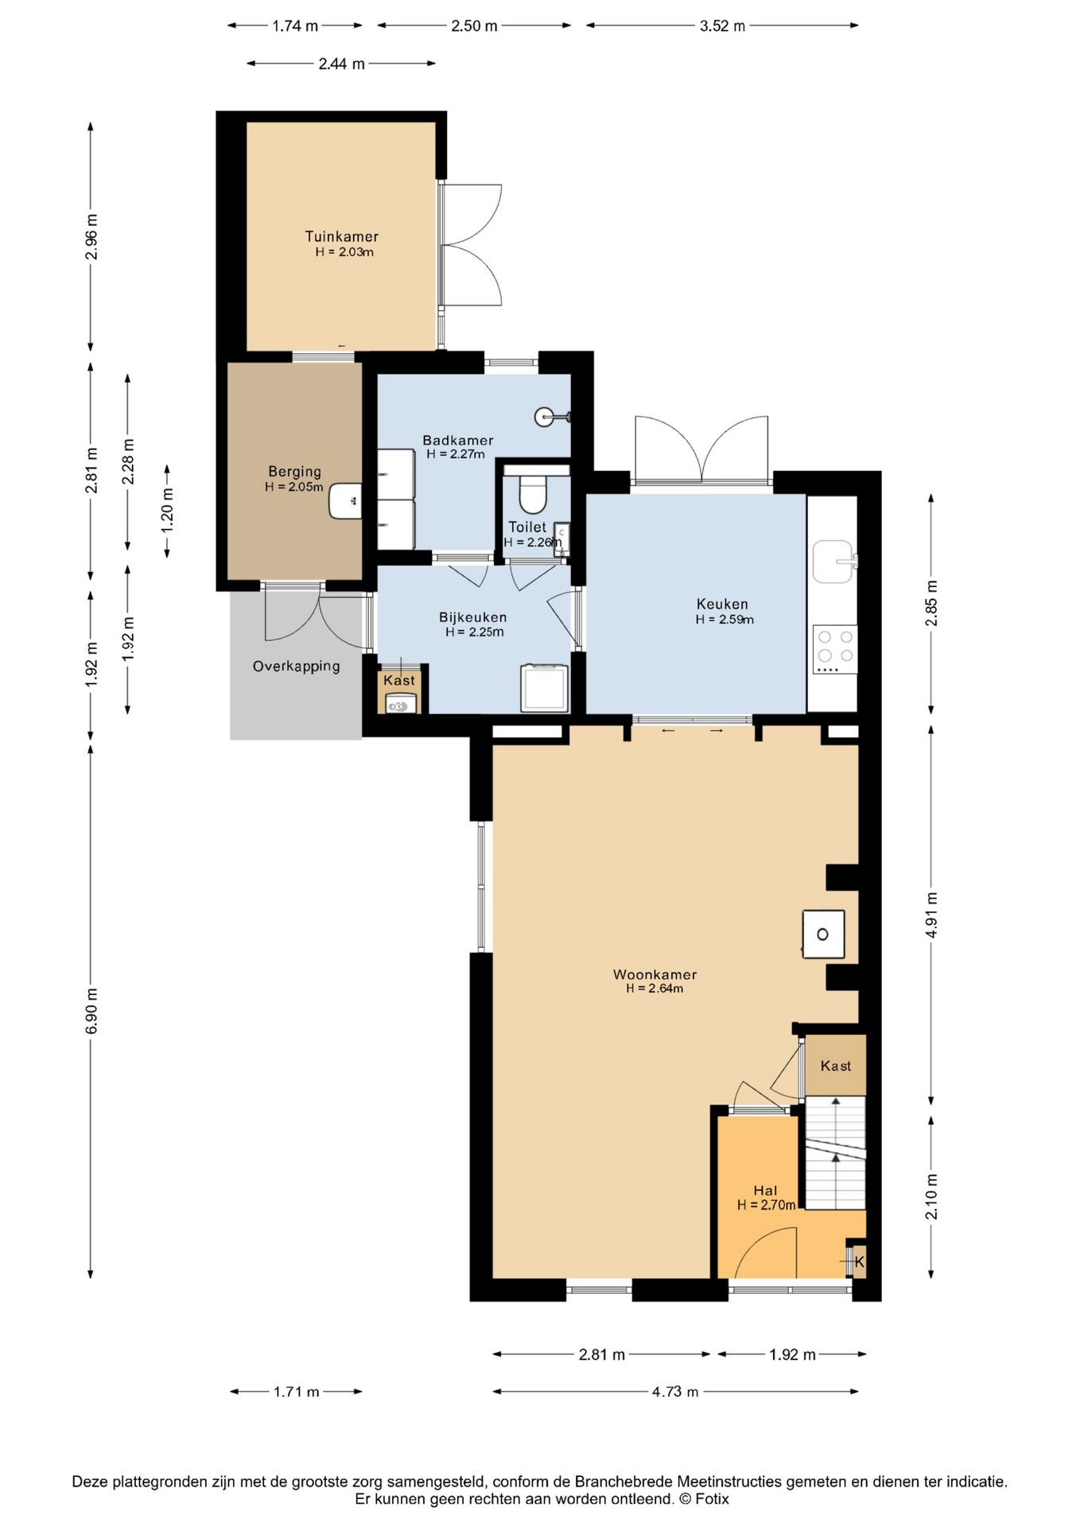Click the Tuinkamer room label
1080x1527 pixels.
click(342, 236)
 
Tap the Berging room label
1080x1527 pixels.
click(294, 472)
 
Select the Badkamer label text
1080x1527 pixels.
click(458, 440)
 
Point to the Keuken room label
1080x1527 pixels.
click(722, 604)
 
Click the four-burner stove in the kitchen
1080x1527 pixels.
click(835, 649)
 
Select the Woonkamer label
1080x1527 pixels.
click(655, 974)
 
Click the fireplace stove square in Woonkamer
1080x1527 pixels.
click(823, 934)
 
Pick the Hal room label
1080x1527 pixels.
click(765, 1191)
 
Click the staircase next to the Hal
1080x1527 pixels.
click(835, 1152)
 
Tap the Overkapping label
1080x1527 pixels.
click(297, 666)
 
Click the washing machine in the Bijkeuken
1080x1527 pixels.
click(545, 688)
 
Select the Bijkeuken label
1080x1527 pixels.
click(473, 617)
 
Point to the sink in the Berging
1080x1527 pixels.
click(346, 501)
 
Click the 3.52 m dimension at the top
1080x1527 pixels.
click(722, 25)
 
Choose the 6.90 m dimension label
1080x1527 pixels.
click(91, 1012)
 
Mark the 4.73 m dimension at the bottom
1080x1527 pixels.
click(675, 1392)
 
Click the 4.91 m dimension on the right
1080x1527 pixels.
click(931, 915)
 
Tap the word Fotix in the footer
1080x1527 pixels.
click(712, 1499)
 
